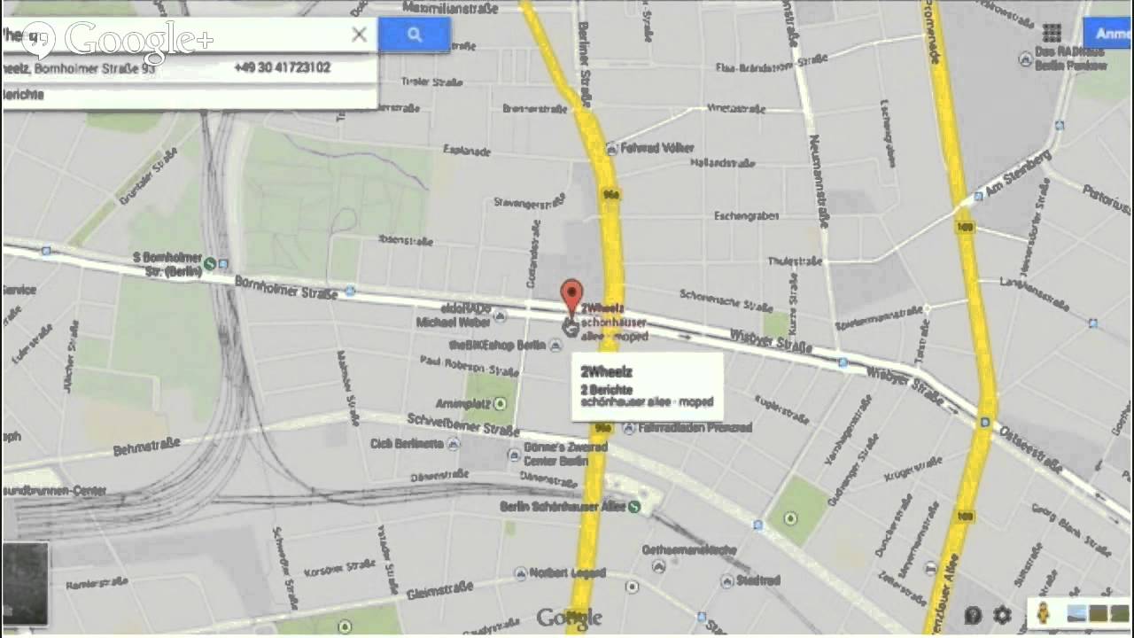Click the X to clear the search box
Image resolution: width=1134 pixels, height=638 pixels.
point(359,35)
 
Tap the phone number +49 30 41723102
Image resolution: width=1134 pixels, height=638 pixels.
point(283,67)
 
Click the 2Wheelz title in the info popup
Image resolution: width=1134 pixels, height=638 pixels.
point(607,370)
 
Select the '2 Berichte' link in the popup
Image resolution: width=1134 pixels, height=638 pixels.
point(607,389)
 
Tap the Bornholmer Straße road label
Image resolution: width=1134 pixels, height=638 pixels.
point(285,286)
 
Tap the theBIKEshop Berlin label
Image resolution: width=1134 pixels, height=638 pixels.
point(497,345)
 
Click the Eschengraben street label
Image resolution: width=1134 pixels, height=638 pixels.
point(746,215)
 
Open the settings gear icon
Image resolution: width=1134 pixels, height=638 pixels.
point(1002,614)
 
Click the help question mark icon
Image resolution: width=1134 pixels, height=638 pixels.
point(973,614)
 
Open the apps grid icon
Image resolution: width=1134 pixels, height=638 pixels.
point(1052,34)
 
